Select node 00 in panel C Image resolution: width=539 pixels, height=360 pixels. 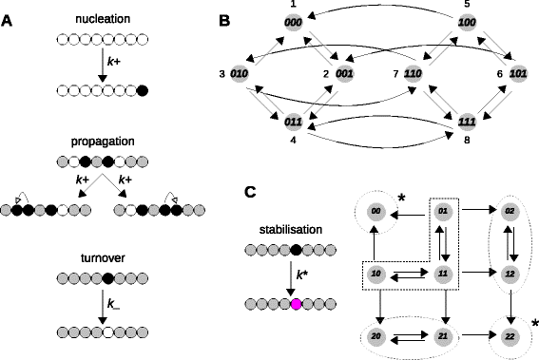click(376, 212)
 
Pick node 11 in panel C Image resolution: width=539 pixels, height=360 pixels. click(444, 274)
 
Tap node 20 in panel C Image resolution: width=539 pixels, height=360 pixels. click(376, 336)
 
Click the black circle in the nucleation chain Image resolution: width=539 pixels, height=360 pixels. click(143, 91)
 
